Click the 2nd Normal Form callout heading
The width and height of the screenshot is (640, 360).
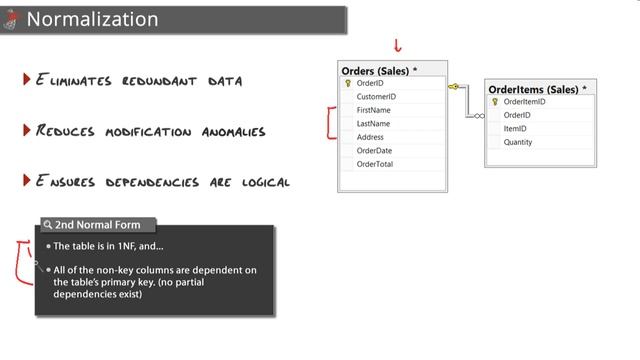pyautogui.click(x=97, y=225)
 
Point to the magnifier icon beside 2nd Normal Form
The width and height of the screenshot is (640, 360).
pyautogui.click(x=47, y=225)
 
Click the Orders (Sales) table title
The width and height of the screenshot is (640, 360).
pyautogui.click(x=379, y=71)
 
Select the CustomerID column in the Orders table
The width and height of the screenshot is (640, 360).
pyautogui.click(x=376, y=97)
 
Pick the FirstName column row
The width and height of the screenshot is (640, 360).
pyautogui.click(x=373, y=110)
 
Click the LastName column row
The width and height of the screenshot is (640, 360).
pyautogui.click(x=373, y=123)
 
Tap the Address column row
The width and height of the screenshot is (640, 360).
pyautogui.click(x=370, y=137)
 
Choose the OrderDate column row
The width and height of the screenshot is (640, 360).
pyautogui.click(x=374, y=150)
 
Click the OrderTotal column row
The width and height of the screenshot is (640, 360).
pyautogui.click(x=375, y=164)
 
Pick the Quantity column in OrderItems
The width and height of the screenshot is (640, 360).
pyautogui.click(x=518, y=142)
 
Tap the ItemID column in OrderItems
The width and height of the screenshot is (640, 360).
pyautogui.click(x=515, y=128)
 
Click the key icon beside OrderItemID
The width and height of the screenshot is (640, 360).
pyautogui.click(x=495, y=102)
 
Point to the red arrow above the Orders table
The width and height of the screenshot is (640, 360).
pyautogui.click(x=398, y=45)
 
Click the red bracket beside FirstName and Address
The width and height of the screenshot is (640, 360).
pyautogui.click(x=330, y=123)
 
